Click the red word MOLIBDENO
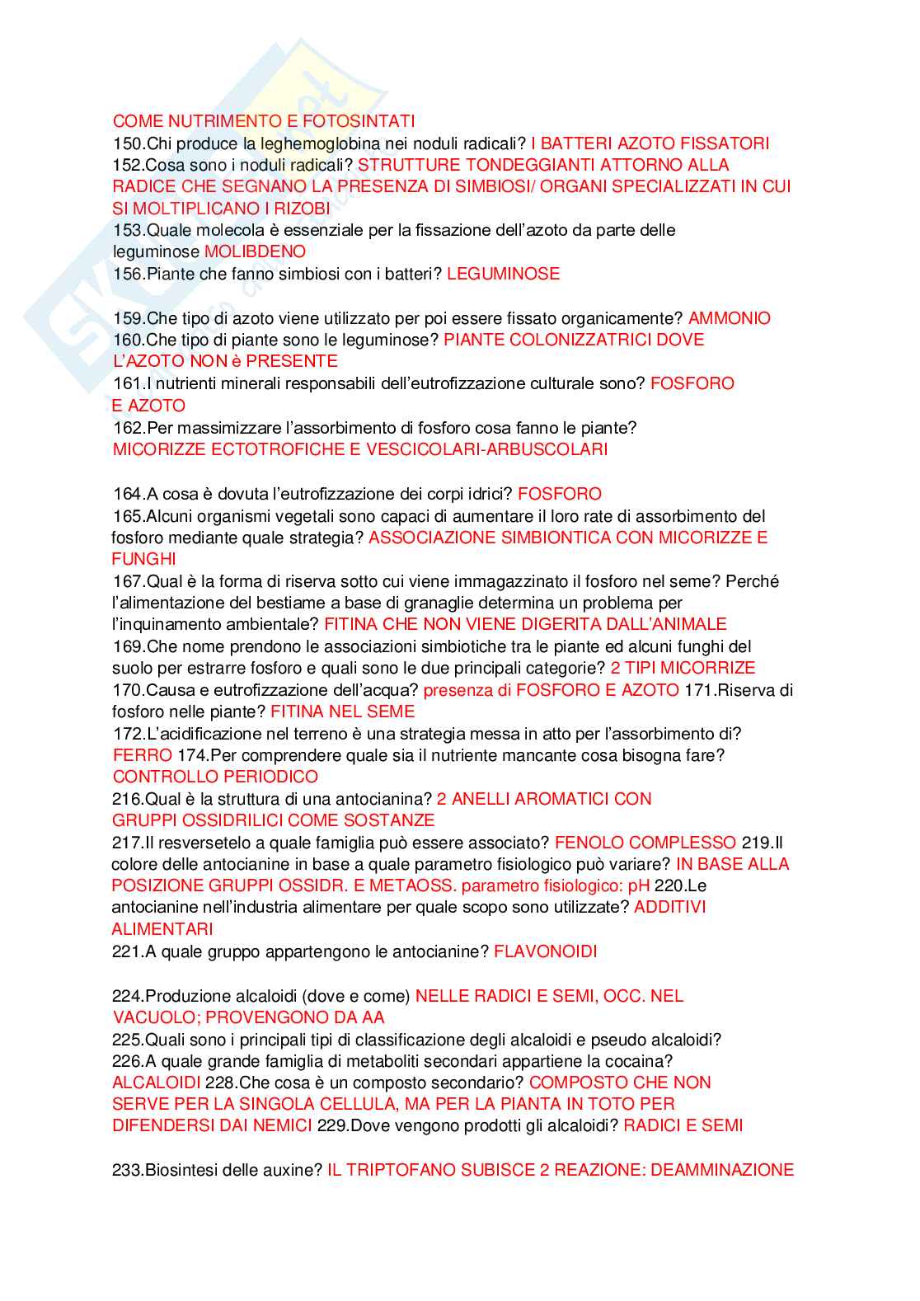tap(255, 251)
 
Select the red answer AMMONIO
tap(730, 318)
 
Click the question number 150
tap(127, 143)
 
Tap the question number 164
tap(127, 494)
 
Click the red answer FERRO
tap(143, 755)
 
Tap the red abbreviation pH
tap(639, 885)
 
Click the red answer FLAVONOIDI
tap(545, 951)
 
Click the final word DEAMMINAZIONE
tap(722, 1170)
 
